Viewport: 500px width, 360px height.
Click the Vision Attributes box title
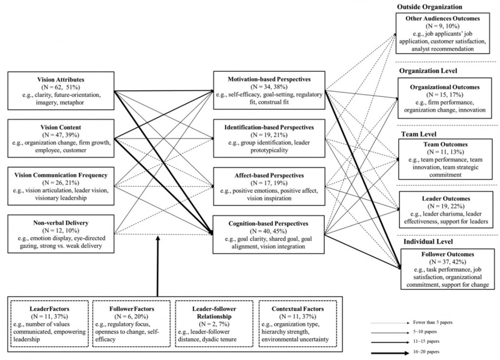click(x=60, y=80)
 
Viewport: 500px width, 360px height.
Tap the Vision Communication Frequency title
click(x=60, y=175)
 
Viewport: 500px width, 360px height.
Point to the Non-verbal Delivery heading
click(x=60, y=224)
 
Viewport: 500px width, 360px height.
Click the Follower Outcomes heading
click(x=445, y=255)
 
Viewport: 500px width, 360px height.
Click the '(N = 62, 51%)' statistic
click(x=60, y=87)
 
